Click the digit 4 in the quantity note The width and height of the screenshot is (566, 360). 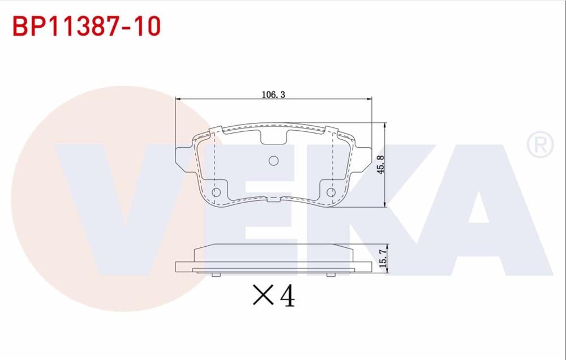click(287, 295)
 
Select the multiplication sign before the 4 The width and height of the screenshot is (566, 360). click(263, 296)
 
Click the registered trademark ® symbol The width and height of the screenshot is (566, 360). click(540, 145)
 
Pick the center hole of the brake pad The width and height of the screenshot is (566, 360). click(273, 161)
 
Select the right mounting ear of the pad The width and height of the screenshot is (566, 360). click(362, 157)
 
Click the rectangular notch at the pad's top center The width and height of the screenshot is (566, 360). click(273, 136)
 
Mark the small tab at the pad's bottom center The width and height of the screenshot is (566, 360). click(273, 199)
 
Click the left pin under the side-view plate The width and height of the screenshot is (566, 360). click(216, 275)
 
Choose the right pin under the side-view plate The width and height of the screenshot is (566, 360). click(331, 275)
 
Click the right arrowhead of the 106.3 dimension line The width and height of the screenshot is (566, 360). click(369, 100)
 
